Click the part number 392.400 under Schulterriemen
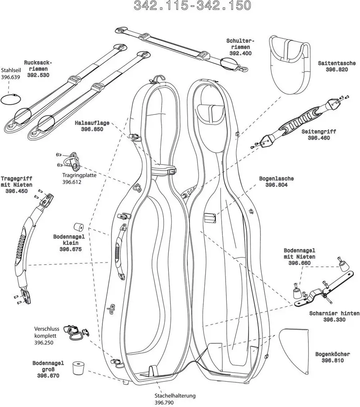240,53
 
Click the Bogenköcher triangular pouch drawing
296,347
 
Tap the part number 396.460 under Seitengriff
319,138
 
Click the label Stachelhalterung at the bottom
176,395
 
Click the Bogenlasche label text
276,178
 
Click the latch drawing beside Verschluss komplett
76,331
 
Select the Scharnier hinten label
334,313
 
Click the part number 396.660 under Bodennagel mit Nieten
299,263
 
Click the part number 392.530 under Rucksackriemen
38,75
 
